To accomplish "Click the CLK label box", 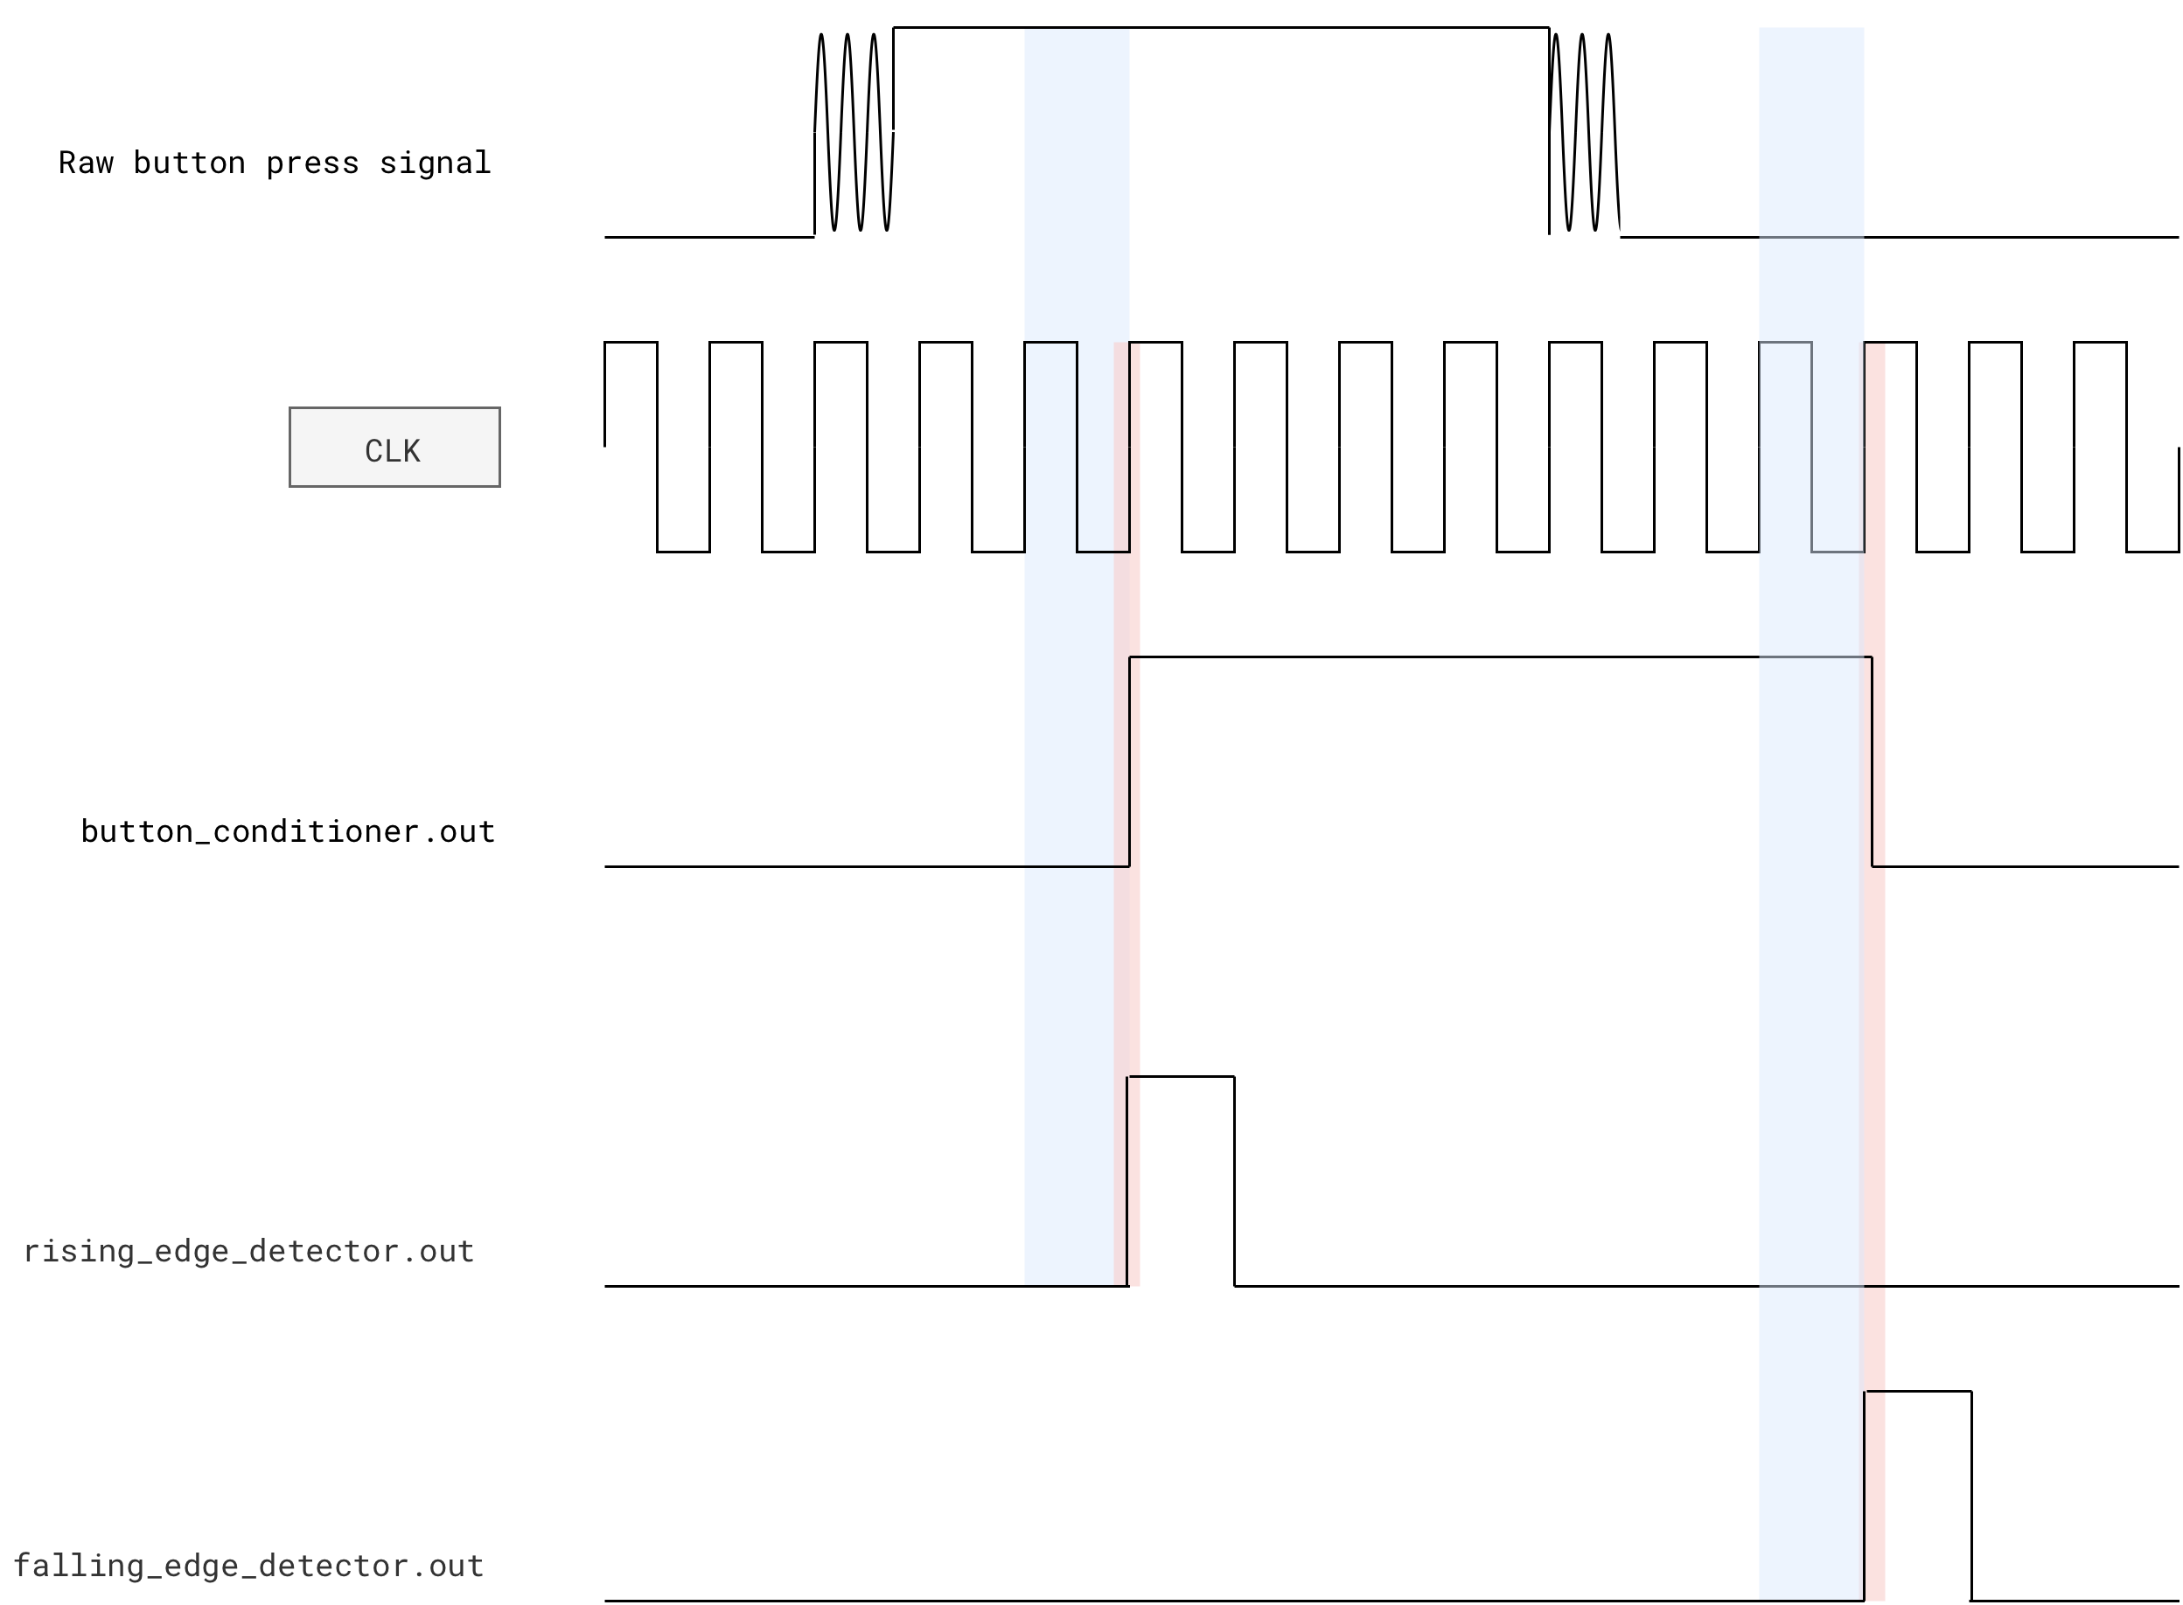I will coord(394,447).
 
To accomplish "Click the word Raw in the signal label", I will coord(86,163).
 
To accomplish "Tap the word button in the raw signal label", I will coord(189,163).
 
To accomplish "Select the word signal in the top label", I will coord(435,163).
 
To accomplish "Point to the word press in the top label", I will coord(312,163).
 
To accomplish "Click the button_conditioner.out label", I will coord(288,831).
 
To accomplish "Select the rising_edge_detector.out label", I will coord(248,1250).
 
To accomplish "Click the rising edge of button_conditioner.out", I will coord(1129,761).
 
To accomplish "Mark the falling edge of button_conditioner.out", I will coord(1872,761).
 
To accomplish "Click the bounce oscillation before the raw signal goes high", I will coord(854,132).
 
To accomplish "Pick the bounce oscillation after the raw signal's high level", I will coord(1584,132).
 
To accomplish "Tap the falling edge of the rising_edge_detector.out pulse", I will coord(1234,1181).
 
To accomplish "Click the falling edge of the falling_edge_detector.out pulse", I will coord(1971,1497).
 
